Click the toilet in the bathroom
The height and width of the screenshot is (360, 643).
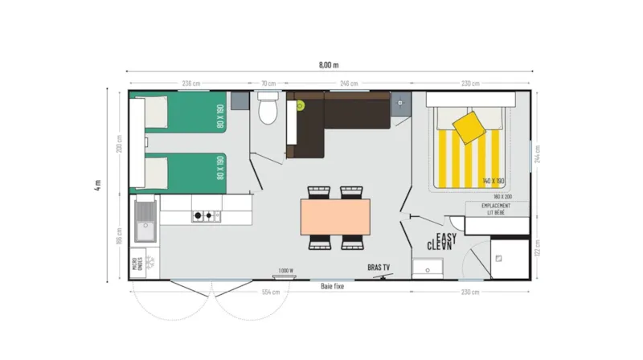point(268,108)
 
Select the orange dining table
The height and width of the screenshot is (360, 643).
point(336,216)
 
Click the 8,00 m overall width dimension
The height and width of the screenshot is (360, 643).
point(329,63)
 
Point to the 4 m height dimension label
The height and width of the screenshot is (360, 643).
point(97,185)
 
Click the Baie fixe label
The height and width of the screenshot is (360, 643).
point(333,286)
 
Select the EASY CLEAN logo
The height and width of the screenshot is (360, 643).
point(443,240)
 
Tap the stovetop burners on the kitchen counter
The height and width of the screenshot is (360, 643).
point(205,215)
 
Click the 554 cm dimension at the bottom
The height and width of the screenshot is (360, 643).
point(270,292)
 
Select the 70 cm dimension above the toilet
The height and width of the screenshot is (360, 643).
point(268,83)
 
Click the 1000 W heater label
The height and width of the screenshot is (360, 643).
point(285,270)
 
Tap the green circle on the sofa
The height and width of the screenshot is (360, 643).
point(300,104)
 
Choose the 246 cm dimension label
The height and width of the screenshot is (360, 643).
point(349,83)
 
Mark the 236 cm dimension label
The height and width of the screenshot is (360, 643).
point(191,83)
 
